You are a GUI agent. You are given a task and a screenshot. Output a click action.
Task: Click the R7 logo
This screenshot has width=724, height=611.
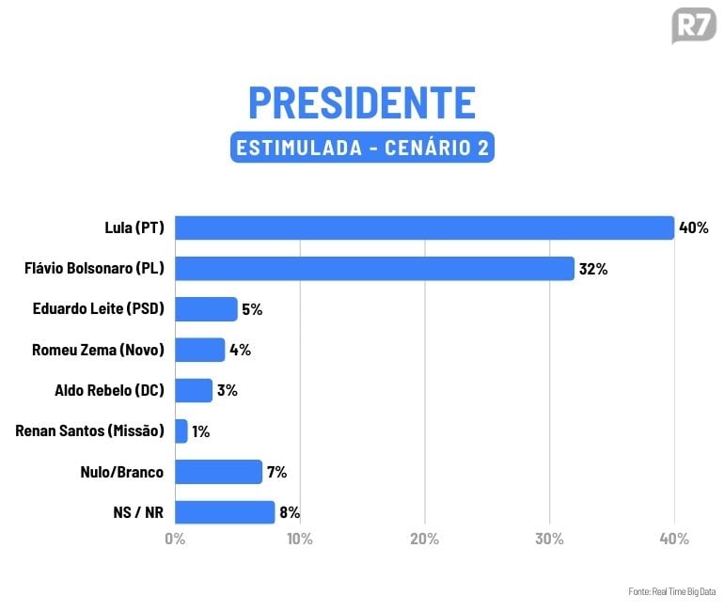tap(694, 25)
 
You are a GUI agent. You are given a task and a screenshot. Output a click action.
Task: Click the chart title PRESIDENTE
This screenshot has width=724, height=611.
tap(362, 102)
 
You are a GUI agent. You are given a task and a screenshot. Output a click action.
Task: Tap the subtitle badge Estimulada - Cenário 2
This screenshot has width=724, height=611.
tap(362, 149)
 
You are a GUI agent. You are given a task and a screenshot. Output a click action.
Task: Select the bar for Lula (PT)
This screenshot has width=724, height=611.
tap(424, 227)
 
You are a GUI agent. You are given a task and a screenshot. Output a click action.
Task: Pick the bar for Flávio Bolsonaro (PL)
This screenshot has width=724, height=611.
tap(374, 269)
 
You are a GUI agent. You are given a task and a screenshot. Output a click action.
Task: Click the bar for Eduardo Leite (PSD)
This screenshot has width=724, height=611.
tap(206, 309)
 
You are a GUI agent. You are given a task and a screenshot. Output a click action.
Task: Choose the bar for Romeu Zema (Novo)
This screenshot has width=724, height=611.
tap(199, 350)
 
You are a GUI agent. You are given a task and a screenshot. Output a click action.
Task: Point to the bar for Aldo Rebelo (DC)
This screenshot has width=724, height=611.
tap(194, 390)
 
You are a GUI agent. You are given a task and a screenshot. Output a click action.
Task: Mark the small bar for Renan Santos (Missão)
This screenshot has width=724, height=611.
tap(181, 431)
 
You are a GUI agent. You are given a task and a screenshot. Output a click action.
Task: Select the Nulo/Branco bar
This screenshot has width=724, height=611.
tap(218, 472)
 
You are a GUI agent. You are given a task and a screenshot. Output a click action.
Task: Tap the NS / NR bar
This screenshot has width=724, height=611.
tap(225, 512)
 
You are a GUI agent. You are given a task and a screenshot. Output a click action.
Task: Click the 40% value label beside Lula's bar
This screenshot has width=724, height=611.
tap(693, 227)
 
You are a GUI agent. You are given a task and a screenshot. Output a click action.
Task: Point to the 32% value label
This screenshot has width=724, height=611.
tap(593, 269)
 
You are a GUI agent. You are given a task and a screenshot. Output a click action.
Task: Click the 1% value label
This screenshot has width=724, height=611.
tap(200, 431)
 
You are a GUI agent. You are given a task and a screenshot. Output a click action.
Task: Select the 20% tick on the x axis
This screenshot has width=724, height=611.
tap(425, 539)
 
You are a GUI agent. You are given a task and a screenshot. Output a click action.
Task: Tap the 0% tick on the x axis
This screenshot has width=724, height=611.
tap(175, 539)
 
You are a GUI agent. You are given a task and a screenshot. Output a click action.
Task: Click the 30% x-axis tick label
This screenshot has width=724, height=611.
tap(549, 539)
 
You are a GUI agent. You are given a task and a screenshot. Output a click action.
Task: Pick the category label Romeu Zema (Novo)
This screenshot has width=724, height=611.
tap(98, 350)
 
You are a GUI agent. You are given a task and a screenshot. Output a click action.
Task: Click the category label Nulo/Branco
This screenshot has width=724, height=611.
tap(123, 472)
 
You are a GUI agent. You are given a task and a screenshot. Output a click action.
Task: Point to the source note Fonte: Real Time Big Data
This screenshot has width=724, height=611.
tap(671, 591)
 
